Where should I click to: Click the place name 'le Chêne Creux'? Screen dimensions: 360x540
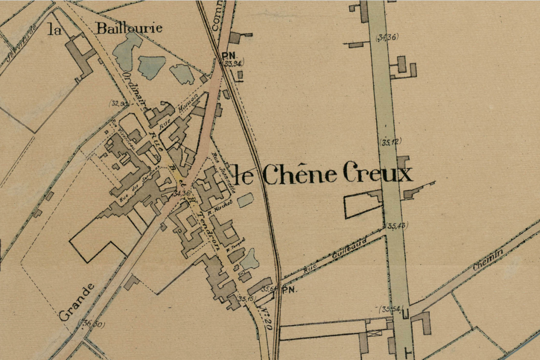(x=323, y=174)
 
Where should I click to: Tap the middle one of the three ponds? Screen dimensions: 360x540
(x=151, y=67)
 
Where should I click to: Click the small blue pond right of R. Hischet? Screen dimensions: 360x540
(x=245, y=200)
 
